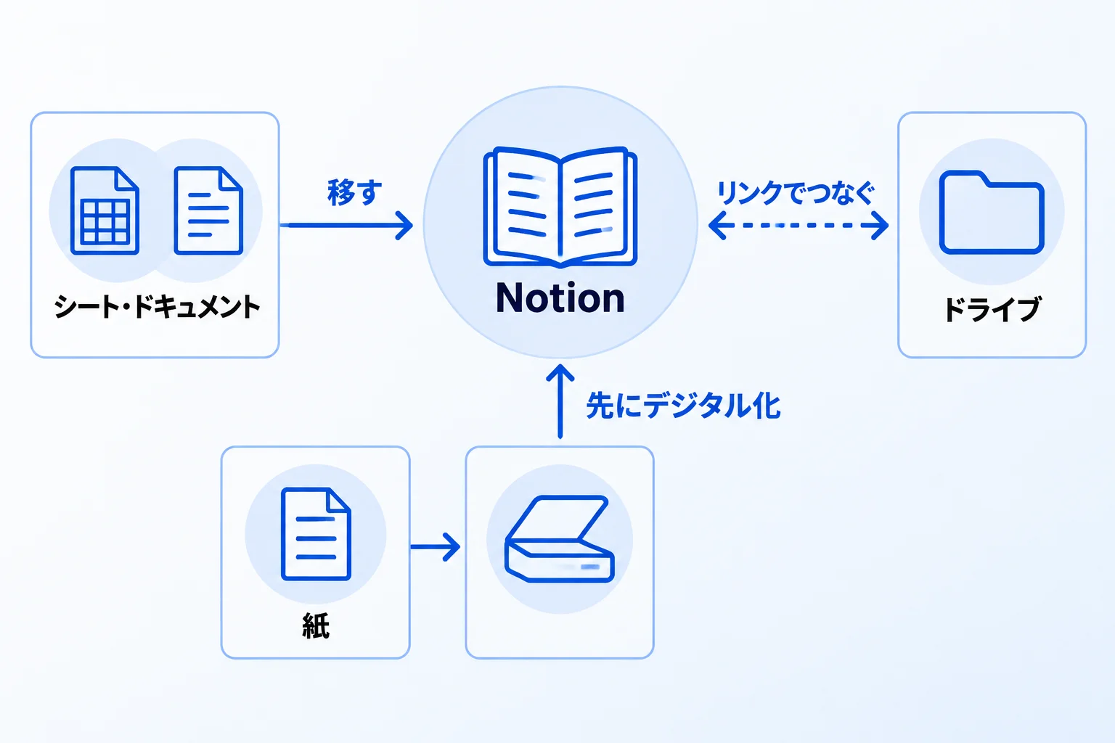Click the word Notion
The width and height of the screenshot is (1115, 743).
click(560, 298)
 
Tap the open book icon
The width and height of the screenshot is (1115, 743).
click(560, 207)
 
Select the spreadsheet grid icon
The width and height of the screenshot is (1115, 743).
click(105, 210)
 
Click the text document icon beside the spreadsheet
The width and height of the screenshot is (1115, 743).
click(208, 210)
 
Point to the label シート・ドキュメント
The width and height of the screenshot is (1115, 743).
click(157, 306)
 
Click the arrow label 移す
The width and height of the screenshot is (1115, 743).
click(354, 192)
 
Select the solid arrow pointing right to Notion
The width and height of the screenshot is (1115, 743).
click(346, 226)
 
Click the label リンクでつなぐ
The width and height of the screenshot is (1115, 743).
click(796, 192)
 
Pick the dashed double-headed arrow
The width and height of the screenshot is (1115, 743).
click(799, 226)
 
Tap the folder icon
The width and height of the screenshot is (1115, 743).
click(992, 213)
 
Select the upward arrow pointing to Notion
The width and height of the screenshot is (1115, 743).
click(560, 401)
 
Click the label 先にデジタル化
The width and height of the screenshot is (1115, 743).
click(683, 406)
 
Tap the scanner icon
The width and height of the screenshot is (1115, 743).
click(560, 539)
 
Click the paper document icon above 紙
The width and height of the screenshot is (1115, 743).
click(316, 534)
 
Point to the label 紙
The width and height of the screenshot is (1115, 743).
click(316, 625)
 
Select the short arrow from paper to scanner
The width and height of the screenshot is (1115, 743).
click(435, 547)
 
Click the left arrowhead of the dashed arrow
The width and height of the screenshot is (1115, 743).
click(716, 226)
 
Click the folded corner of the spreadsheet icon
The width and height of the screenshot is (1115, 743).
click(127, 178)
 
